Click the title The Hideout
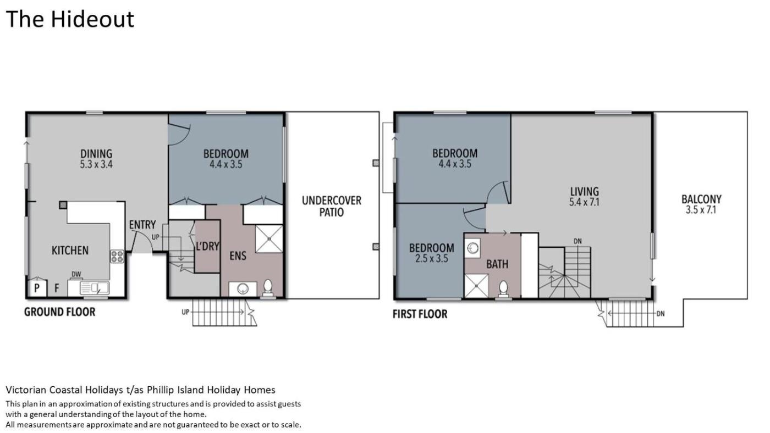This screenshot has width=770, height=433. point(70,19)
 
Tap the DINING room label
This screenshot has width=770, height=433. point(96,153)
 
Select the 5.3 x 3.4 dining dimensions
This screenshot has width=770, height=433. point(96,164)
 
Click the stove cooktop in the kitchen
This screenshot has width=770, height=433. point(117,257)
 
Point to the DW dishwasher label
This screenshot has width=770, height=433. point(76,274)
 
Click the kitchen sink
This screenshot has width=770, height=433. point(95,288)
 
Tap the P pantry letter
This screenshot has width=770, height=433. point(37,288)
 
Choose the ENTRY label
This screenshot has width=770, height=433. point(142,225)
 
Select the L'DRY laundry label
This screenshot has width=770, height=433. point(207,246)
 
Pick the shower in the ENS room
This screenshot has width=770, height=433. point(269,239)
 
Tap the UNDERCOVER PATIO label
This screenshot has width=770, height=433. point(332,207)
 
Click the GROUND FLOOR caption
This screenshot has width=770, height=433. point(59,312)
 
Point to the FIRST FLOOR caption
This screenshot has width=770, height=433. point(420,314)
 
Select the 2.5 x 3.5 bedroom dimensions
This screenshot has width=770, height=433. point(431,259)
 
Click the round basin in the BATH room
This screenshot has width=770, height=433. point(472,248)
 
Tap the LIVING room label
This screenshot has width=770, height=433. point(584,191)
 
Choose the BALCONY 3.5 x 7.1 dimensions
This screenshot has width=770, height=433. point(701,210)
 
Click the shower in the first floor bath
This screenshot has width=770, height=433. point(476,286)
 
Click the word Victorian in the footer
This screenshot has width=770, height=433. point(26,390)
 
